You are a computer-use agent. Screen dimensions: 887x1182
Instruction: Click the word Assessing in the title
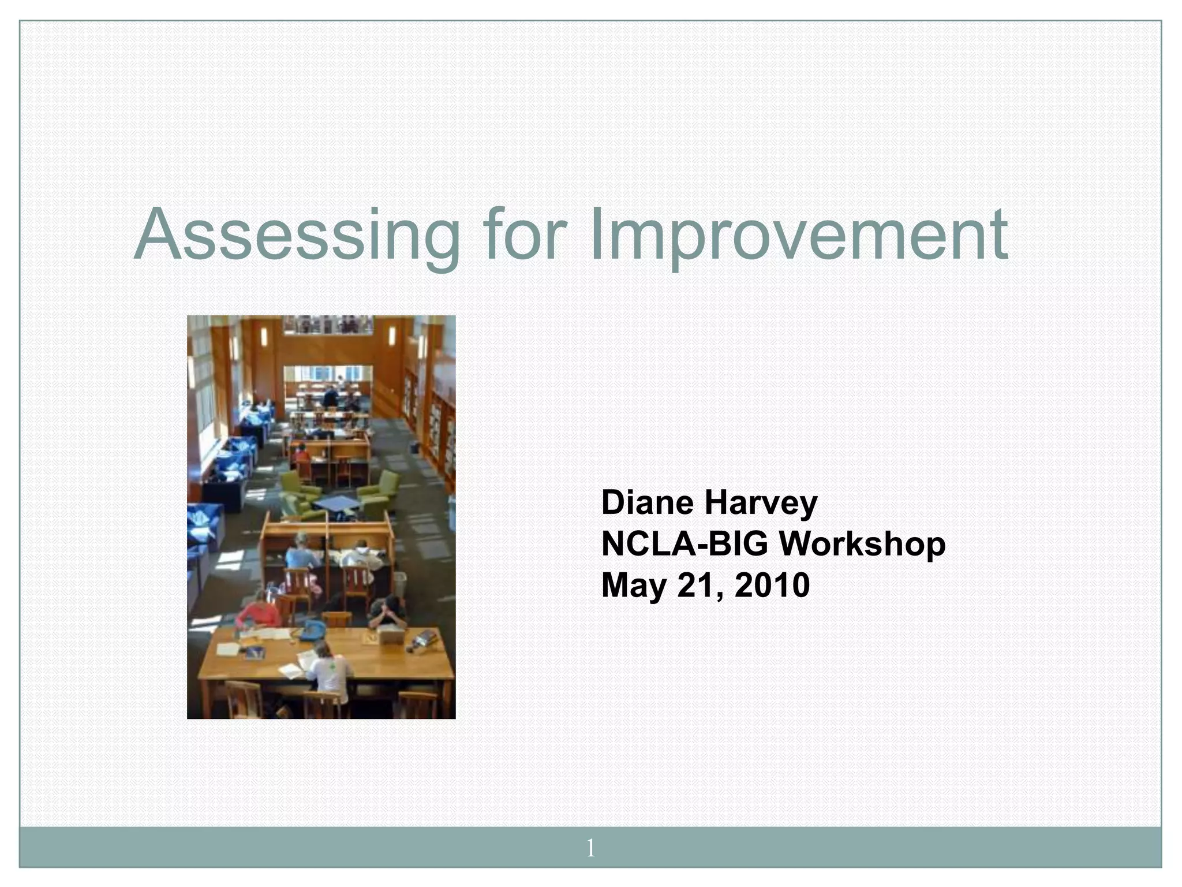[297, 236]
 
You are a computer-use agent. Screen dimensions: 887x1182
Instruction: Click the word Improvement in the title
[799, 236]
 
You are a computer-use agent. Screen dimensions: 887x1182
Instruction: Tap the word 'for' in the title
[522, 234]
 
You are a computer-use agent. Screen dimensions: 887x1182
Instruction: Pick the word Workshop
[862, 545]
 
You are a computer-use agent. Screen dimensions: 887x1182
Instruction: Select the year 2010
[772, 585]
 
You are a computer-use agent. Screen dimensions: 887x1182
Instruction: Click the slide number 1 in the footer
[590, 848]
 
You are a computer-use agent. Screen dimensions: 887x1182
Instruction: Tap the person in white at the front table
[329, 670]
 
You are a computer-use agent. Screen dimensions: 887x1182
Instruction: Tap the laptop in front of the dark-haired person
[390, 636]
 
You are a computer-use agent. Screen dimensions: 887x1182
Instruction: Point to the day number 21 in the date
[697, 585]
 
